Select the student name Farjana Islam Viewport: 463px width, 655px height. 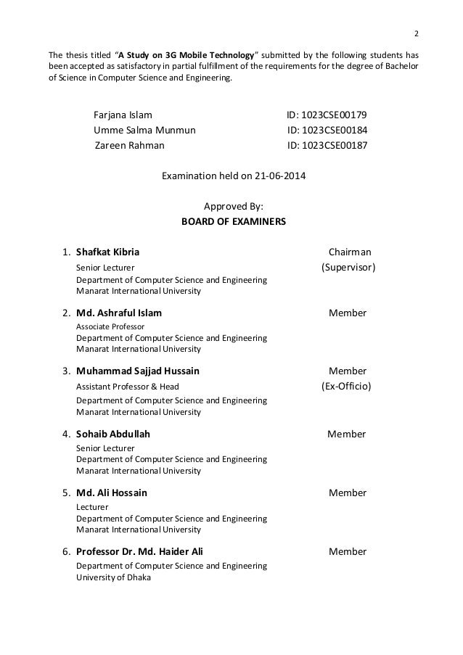(123, 115)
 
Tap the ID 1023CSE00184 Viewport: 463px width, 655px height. (327, 131)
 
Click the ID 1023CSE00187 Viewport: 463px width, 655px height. (327, 145)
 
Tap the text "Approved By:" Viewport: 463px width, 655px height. (234, 206)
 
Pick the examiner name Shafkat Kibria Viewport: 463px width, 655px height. (108, 252)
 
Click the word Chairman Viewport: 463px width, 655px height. (350, 252)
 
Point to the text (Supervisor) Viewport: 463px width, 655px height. (348, 268)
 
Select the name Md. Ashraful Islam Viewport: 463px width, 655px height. (119, 313)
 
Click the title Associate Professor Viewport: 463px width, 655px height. (110, 326)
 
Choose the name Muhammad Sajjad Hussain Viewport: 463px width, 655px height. (138, 371)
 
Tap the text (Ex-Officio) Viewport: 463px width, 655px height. (346, 386)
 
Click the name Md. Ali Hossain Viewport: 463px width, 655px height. (112, 493)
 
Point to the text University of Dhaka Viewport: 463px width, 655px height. (114, 577)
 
